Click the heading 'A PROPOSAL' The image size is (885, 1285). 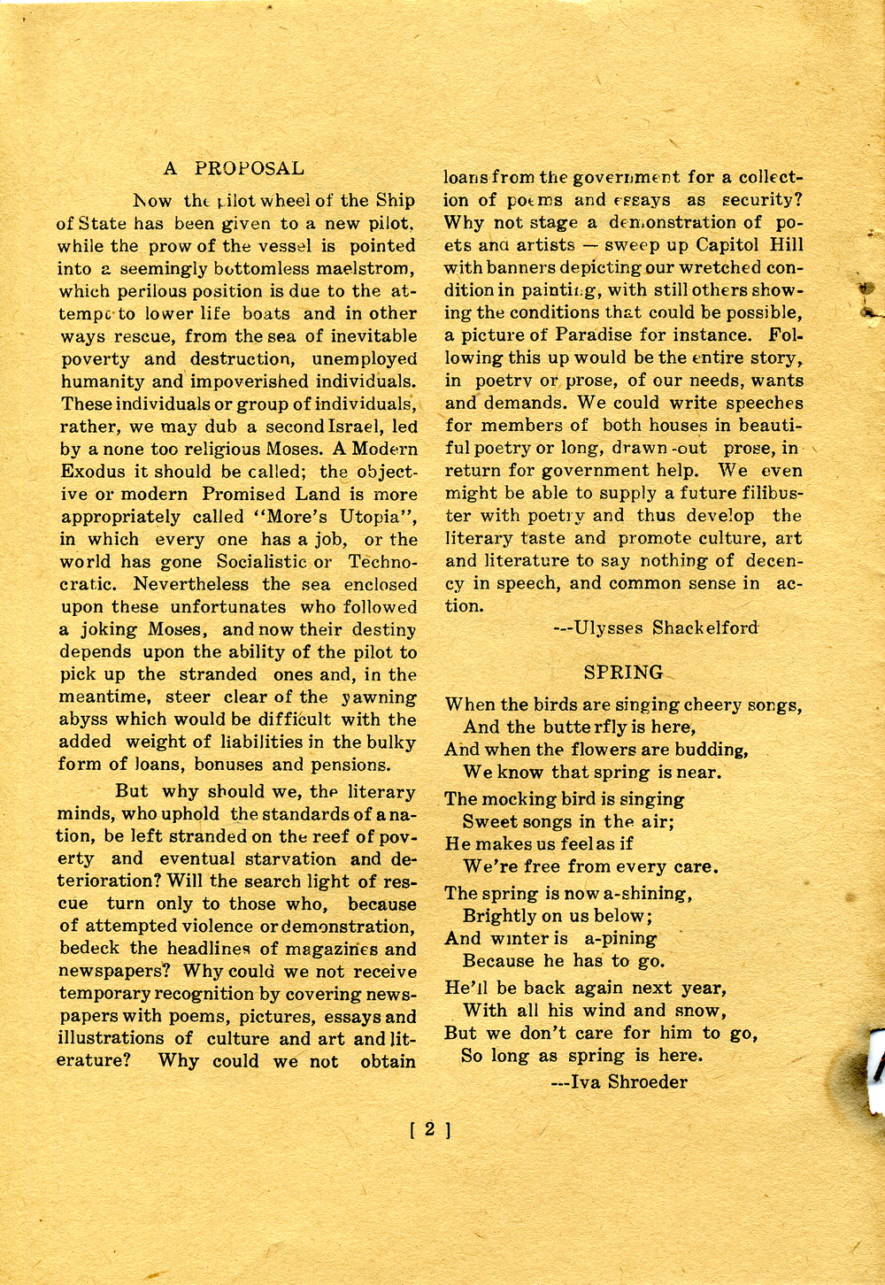(x=234, y=168)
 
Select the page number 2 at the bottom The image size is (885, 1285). (x=431, y=1129)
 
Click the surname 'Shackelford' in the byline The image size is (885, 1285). (x=705, y=628)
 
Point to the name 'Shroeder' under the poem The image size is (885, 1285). (x=648, y=1081)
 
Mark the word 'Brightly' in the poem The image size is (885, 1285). (x=500, y=916)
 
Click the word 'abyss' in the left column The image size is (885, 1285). (x=82, y=719)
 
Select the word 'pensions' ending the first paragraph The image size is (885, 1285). (x=353, y=765)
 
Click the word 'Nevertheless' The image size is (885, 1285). (x=192, y=584)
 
